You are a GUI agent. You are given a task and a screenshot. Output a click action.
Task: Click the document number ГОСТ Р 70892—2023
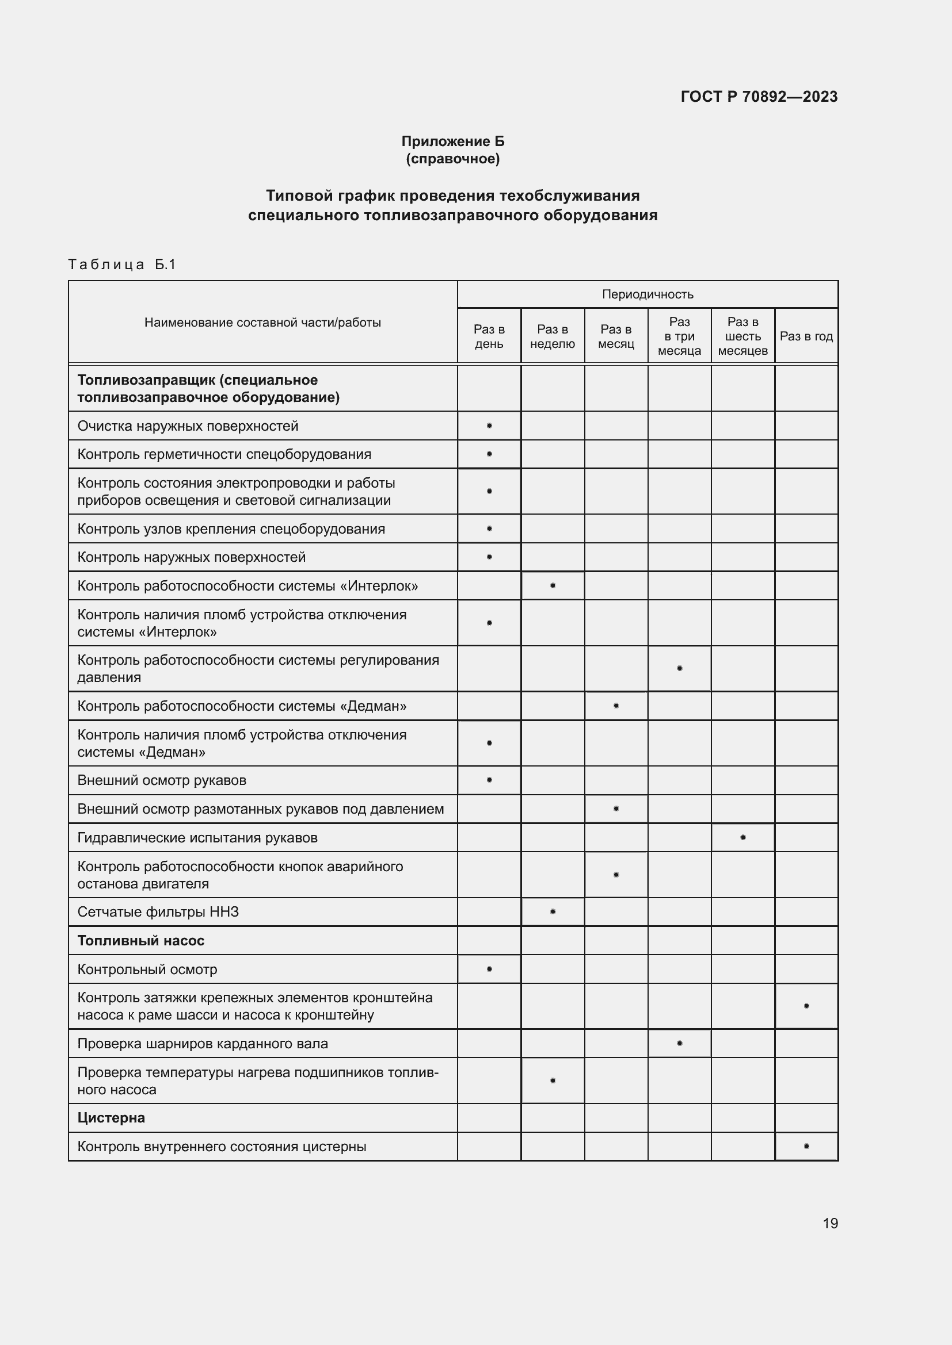click(759, 97)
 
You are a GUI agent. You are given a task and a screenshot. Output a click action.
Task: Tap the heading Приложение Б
click(452, 141)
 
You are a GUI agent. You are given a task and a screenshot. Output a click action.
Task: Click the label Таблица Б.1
click(122, 264)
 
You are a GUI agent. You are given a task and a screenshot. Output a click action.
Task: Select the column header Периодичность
click(647, 294)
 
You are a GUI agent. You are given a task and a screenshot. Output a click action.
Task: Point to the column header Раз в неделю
click(552, 336)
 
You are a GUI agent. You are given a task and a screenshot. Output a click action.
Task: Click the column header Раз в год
click(806, 336)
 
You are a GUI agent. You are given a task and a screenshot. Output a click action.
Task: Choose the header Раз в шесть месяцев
click(742, 336)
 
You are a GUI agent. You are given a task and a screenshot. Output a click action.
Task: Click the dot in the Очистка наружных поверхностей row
click(489, 426)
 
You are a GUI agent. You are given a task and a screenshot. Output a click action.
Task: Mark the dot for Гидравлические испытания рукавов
click(742, 837)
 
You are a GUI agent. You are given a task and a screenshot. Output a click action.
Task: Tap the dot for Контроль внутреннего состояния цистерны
click(806, 1146)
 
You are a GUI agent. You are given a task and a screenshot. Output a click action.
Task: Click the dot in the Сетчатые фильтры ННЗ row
click(552, 911)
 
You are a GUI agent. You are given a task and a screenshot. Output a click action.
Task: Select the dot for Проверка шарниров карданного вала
click(679, 1043)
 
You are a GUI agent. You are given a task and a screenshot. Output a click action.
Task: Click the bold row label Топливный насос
click(140, 940)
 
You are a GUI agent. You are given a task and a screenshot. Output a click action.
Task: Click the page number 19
click(830, 1223)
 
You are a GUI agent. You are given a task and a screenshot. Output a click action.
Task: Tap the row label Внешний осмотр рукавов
click(162, 780)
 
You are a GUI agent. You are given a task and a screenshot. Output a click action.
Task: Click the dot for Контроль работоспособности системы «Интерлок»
click(552, 585)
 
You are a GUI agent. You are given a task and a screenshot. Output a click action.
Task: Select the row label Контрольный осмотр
click(147, 969)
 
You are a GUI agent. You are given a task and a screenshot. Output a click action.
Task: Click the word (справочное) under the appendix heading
click(452, 159)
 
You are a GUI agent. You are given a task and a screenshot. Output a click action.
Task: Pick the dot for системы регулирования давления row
click(679, 668)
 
